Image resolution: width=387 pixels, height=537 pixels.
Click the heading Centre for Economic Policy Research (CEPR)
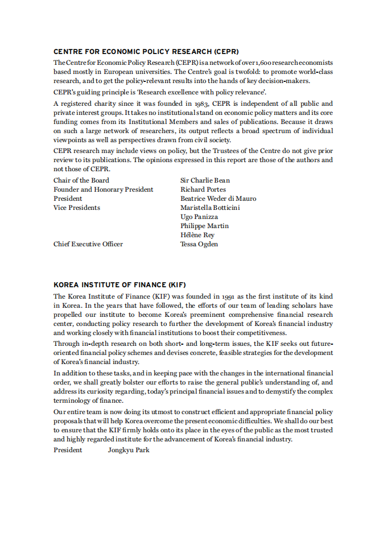click(x=146, y=52)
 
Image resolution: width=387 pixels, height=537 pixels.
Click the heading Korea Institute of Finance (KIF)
click(x=120, y=285)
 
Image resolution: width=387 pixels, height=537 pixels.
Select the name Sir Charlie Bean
click(x=205, y=180)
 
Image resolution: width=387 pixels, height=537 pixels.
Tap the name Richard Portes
click(x=203, y=189)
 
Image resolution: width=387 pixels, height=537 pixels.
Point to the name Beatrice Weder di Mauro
click(x=218, y=199)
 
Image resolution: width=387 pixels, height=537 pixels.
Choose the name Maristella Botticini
click(x=210, y=208)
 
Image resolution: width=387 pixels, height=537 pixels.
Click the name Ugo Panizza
click(x=199, y=217)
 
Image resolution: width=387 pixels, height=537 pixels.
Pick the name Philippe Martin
click(x=204, y=226)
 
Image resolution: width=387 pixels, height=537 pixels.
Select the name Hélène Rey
click(x=197, y=235)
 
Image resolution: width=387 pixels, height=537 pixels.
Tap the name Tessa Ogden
click(x=199, y=244)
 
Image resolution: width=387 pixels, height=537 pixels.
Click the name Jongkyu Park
click(x=129, y=450)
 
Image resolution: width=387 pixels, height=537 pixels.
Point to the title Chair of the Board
click(x=81, y=180)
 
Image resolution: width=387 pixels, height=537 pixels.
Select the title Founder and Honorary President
click(x=103, y=189)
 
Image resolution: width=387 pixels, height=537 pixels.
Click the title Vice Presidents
click(x=77, y=208)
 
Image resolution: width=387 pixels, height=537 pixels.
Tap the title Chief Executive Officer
click(x=88, y=244)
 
